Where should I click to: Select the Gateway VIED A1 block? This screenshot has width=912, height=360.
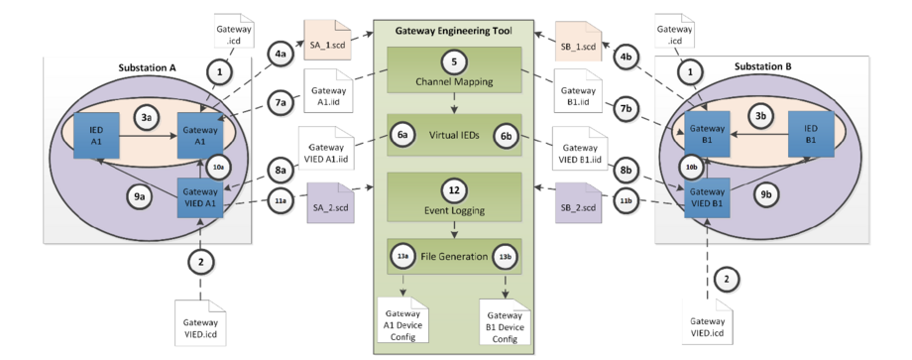click(x=200, y=192)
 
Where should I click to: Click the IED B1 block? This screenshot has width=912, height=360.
click(x=809, y=135)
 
